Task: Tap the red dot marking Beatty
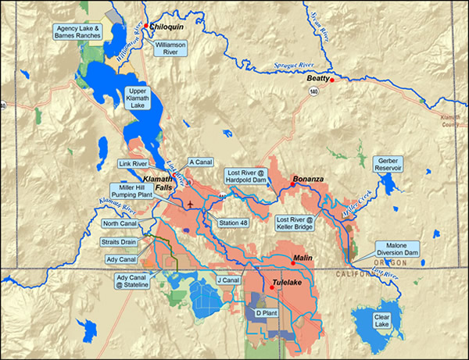pos(332,80)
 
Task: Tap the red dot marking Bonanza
pos(292,185)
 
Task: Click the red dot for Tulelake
pos(272,288)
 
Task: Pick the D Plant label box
pos(267,313)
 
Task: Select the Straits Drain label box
pos(120,242)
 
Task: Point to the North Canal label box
pos(120,223)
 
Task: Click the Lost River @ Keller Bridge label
pos(298,224)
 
